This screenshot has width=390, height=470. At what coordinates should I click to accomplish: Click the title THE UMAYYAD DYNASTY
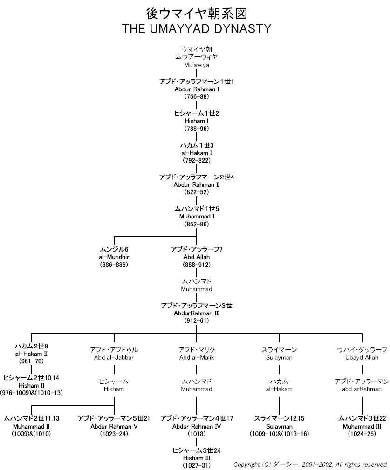click(196, 29)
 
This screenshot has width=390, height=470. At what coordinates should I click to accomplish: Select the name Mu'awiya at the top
click(196, 65)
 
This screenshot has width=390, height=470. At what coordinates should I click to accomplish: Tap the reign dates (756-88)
click(196, 96)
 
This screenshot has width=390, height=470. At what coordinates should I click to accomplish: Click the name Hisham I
click(196, 121)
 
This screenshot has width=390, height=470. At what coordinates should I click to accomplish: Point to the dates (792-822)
click(196, 160)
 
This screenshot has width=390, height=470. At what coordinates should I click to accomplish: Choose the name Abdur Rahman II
click(196, 184)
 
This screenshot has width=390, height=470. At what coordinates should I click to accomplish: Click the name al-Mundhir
click(114, 257)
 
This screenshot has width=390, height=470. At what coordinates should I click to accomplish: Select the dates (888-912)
click(196, 265)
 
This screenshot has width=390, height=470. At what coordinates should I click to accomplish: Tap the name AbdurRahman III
click(196, 313)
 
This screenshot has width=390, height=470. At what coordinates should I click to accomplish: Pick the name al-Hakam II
click(31, 354)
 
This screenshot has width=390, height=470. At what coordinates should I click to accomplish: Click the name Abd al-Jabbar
click(114, 357)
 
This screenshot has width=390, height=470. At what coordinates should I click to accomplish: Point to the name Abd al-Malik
click(196, 357)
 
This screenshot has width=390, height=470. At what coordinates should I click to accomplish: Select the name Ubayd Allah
click(362, 357)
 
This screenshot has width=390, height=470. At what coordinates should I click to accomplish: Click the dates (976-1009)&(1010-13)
click(31, 393)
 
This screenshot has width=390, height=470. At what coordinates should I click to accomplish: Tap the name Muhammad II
click(31, 426)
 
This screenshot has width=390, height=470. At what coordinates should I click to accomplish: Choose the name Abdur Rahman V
click(114, 426)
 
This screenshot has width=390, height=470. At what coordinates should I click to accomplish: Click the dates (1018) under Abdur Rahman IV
click(196, 434)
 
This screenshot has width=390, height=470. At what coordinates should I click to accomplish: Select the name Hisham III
click(196, 458)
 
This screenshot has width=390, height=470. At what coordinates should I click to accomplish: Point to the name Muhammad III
click(362, 426)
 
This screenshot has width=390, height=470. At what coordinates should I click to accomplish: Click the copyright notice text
click(311, 464)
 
